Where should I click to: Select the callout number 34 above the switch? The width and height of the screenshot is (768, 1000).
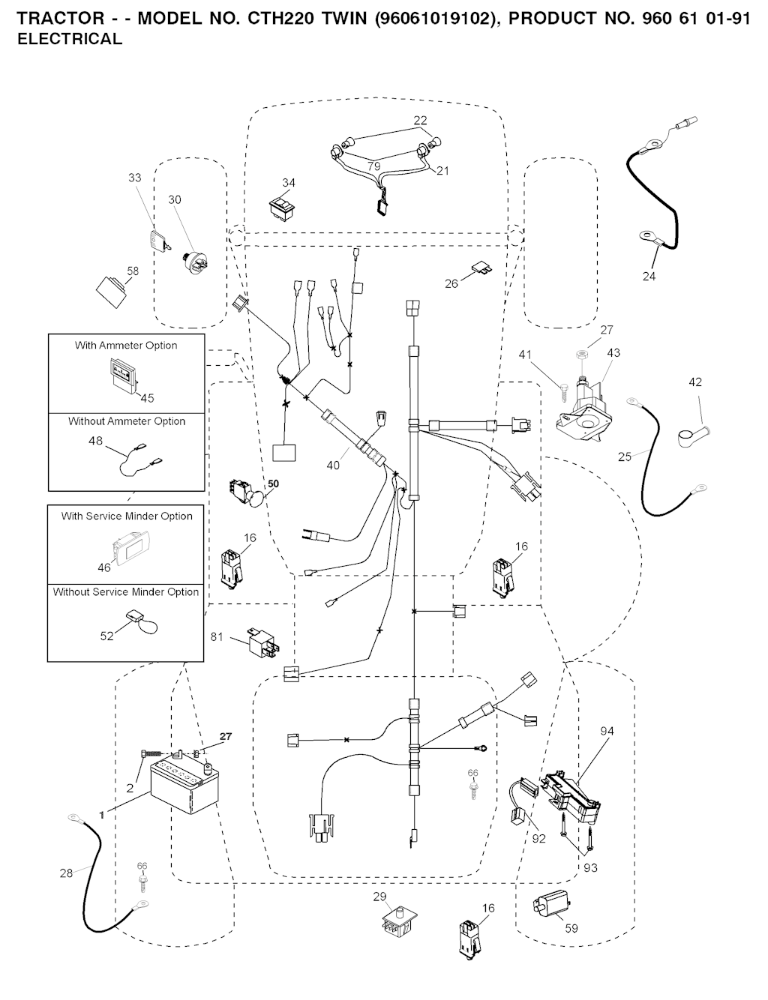(289, 183)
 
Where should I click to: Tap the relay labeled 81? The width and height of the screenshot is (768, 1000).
(258, 643)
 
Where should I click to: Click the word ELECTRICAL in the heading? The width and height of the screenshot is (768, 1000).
(70, 40)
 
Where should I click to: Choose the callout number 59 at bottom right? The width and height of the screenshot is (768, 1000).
(571, 928)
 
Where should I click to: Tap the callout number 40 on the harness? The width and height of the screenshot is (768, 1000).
(333, 466)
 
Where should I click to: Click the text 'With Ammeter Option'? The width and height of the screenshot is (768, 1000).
(126, 346)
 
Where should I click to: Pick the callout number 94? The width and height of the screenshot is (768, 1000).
(607, 731)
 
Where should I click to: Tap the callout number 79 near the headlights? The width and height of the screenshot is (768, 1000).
(373, 166)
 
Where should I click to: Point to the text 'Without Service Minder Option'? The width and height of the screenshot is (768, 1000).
(126, 592)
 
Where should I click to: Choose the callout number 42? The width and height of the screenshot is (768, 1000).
(695, 382)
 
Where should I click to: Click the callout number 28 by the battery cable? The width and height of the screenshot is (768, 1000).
(67, 873)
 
